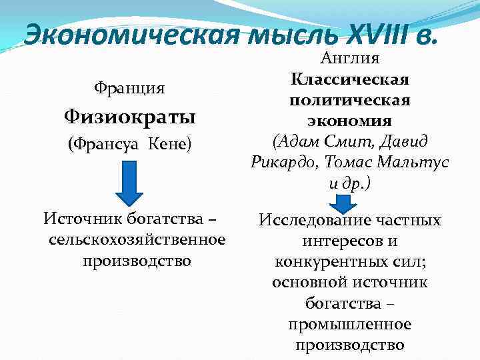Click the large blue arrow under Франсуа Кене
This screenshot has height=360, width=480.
tap(135, 183)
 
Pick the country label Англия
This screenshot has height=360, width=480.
tap(350, 59)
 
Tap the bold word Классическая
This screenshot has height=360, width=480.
tap(350, 80)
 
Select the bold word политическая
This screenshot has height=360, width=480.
tap(350, 100)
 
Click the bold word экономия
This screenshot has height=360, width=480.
tap(350, 121)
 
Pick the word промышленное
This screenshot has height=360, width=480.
tap(350, 325)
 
